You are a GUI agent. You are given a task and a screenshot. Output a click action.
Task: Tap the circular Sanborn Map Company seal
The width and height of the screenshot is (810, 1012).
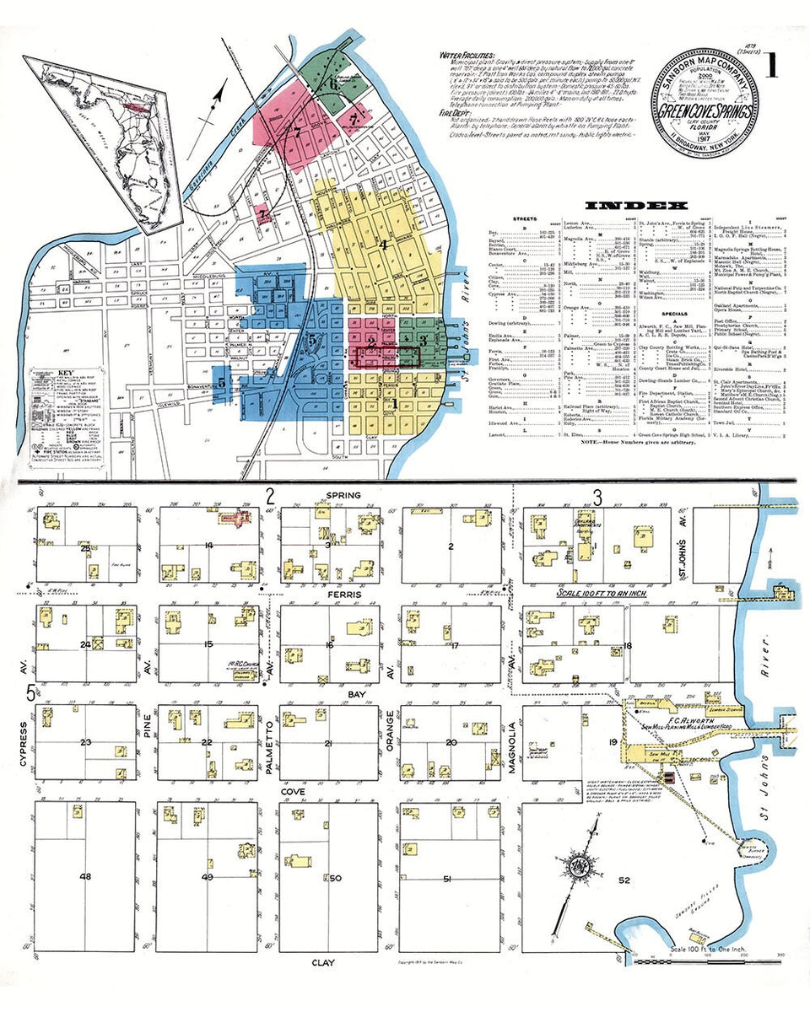click(697, 100)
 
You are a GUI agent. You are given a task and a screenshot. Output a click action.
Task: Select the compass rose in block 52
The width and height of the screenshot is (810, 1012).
click(580, 864)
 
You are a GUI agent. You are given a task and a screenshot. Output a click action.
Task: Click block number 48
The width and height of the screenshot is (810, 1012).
click(84, 877)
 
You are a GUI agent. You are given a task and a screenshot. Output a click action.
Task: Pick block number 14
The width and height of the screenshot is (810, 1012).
click(208, 546)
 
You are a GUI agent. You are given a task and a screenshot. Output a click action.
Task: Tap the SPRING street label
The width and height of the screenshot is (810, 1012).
click(337, 495)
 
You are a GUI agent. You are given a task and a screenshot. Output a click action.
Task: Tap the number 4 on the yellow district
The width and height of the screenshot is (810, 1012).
click(383, 245)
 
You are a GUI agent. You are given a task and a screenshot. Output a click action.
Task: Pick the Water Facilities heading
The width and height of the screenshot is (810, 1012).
click(463, 55)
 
